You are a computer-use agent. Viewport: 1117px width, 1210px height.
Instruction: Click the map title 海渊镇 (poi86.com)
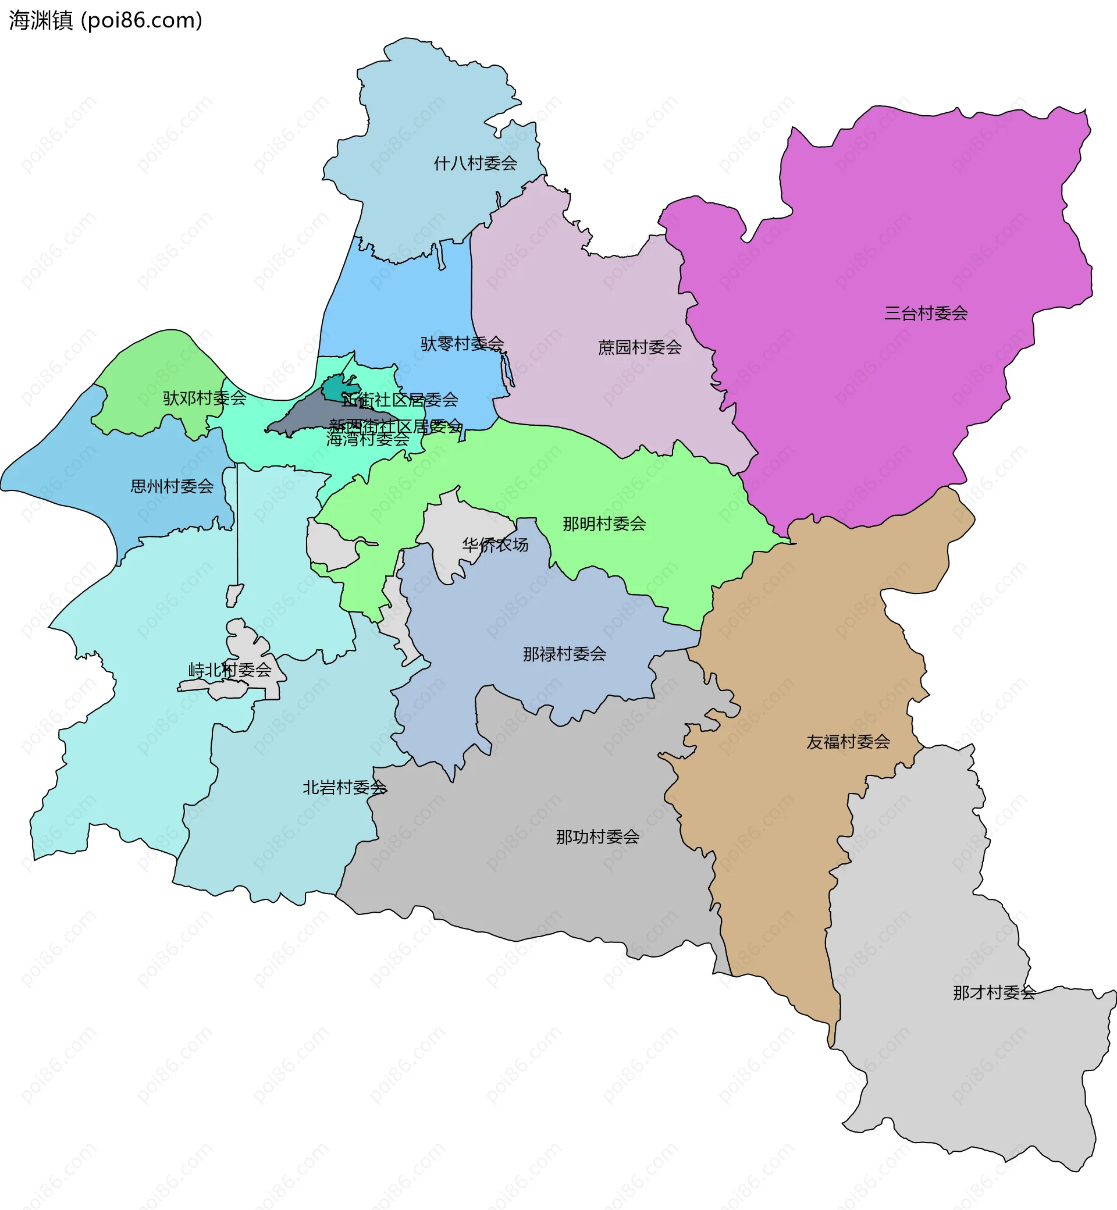106,20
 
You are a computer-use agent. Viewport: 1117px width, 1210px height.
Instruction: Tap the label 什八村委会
475,163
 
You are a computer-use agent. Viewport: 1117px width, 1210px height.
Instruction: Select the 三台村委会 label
926,313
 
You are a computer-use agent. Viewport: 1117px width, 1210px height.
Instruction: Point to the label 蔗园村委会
639,347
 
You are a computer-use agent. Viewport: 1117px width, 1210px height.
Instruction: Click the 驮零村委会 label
462,343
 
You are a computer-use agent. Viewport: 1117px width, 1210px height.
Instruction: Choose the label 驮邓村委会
204,398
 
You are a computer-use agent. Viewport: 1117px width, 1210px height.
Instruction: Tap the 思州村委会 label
172,486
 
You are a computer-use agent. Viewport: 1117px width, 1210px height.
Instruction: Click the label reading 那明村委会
604,524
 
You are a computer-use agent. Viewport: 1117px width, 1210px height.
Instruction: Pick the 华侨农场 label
495,544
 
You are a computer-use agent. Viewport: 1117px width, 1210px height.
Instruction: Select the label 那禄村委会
564,653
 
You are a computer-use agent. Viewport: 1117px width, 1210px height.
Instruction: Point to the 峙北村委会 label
230,670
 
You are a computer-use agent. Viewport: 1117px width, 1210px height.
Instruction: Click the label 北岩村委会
344,787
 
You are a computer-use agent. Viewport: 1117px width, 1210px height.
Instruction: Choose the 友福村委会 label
848,742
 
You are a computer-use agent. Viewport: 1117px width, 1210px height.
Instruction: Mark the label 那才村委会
994,992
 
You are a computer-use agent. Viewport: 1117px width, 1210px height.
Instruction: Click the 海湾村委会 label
368,439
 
